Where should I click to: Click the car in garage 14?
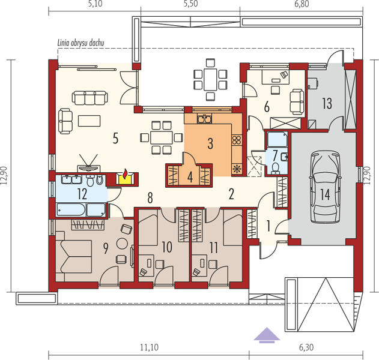pyautogui.click(x=326, y=187)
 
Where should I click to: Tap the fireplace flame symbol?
pyautogui.click(x=125, y=174)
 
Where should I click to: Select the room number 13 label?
pyautogui.click(x=327, y=103)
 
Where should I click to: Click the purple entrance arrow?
pyautogui.click(x=267, y=335)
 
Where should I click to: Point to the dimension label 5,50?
pyautogui.click(x=190, y=4)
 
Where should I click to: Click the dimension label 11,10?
pyautogui.click(x=150, y=347)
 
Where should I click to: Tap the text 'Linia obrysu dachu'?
pyautogui.click(x=80, y=43)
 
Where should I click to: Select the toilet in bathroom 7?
pyautogui.click(x=275, y=168)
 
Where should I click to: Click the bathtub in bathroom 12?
pyautogui.click(x=71, y=209)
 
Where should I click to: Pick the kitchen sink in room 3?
pyautogui.click(x=204, y=119)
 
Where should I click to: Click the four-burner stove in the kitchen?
pyautogui.click(x=237, y=140)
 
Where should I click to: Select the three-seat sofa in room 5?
pyautogui.click(x=90, y=98)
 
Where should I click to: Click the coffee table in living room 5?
pyautogui.click(x=89, y=121)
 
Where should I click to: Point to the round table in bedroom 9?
pyautogui.click(x=122, y=244)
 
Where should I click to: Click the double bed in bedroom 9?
pyautogui.click(x=73, y=256)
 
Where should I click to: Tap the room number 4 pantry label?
pyautogui.click(x=190, y=178)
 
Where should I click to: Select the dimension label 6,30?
pyautogui.click(x=306, y=347)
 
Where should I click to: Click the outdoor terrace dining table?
pyautogui.click(x=210, y=79)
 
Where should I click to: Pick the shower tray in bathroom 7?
pyautogui.click(x=277, y=139)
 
